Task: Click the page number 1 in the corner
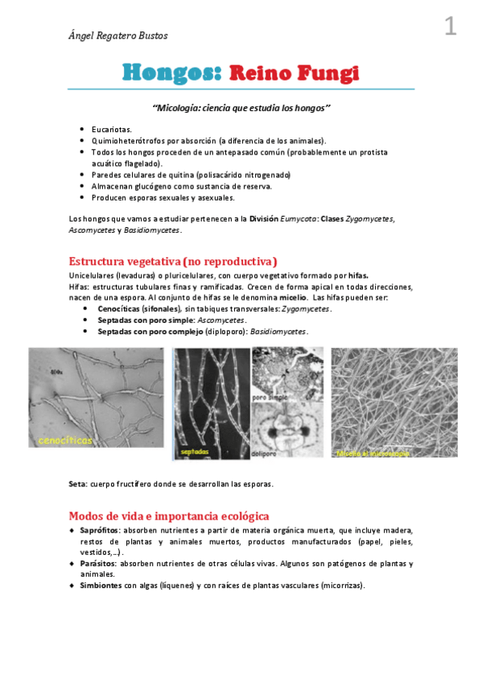[450, 27]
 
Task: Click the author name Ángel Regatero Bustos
[118, 35]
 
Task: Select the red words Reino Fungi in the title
[293, 73]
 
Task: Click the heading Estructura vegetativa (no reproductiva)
[173, 261]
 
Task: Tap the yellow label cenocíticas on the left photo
[65, 440]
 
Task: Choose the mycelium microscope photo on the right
[393, 403]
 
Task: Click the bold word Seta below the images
[78, 484]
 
